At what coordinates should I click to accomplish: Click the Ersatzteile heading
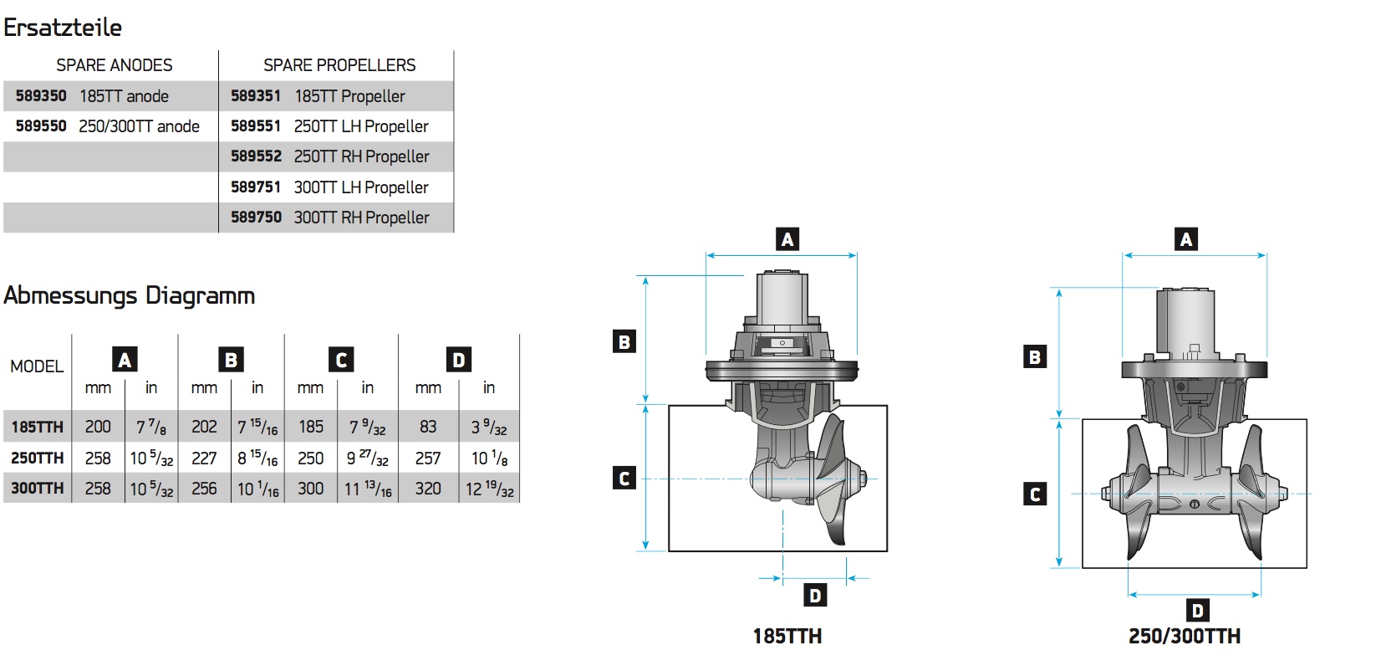63,28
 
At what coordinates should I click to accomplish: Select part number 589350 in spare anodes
41,96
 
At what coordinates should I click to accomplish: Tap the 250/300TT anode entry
139,126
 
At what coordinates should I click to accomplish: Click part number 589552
256,156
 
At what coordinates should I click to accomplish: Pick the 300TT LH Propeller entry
361,187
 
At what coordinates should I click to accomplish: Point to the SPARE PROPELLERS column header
339,65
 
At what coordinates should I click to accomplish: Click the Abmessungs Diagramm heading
129,295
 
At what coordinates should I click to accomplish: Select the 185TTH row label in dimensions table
37,427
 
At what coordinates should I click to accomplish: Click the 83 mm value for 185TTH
428,427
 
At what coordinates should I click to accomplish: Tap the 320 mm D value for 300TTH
428,489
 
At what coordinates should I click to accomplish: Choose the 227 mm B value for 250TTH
204,458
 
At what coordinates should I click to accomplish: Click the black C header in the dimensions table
341,360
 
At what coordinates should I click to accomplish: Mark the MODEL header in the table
37,366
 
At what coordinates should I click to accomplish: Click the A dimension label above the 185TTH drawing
787,239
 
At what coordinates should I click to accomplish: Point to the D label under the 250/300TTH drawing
1198,610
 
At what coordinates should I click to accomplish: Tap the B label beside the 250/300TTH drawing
1035,357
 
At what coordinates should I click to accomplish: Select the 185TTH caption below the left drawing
787,637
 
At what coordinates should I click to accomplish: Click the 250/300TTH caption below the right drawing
1184,637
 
